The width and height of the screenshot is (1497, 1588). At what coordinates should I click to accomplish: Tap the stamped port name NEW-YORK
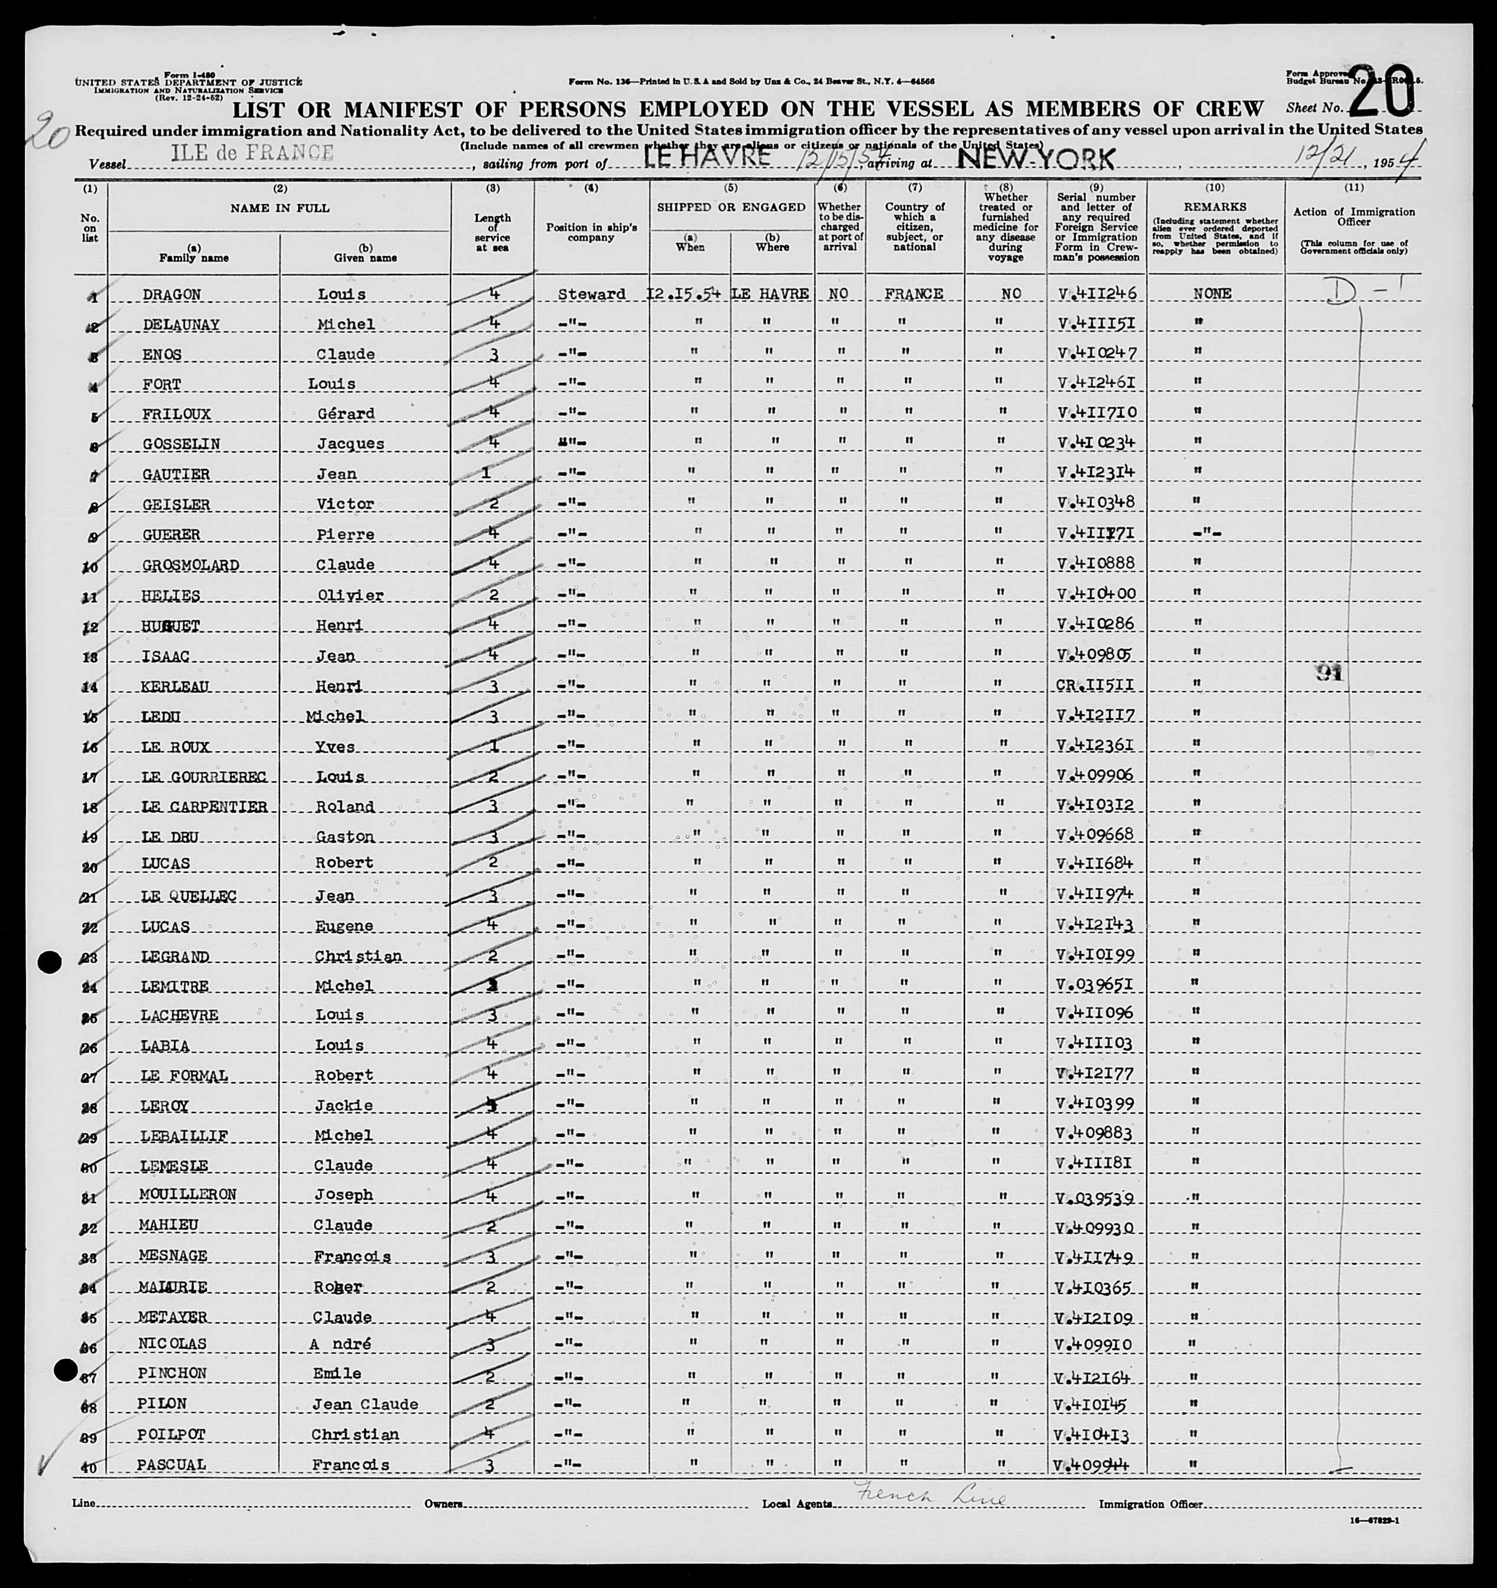click(1035, 159)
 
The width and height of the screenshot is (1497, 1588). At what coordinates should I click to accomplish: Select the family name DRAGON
click(172, 294)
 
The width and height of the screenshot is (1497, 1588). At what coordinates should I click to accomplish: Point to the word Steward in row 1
click(592, 294)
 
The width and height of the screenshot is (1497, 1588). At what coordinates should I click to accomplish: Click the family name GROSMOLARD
click(191, 565)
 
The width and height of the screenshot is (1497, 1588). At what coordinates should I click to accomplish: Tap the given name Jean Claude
click(364, 1404)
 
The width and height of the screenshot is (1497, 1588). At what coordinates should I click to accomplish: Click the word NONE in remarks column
click(1212, 294)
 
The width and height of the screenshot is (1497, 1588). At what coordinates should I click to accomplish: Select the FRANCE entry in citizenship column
click(914, 294)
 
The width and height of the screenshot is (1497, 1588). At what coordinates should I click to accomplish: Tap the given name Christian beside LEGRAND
click(357, 956)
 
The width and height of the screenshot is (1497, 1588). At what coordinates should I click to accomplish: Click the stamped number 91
click(1330, 673)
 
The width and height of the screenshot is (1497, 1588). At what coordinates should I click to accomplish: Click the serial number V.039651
click(1094, 984)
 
